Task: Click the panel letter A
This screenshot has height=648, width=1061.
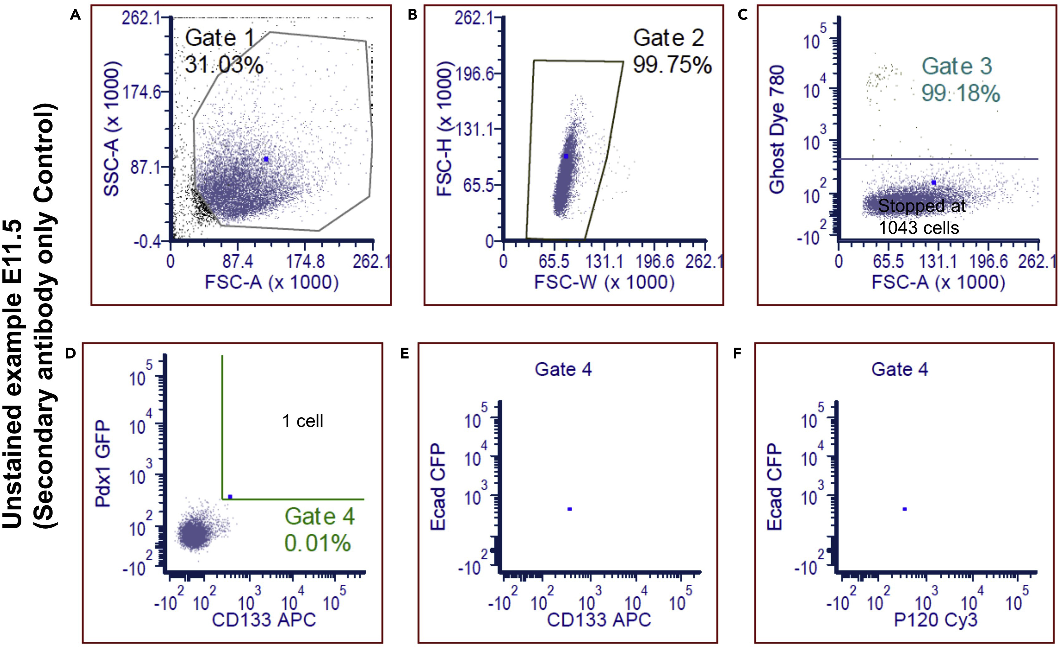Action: click(75, 15)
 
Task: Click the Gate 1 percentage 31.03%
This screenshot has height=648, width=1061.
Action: click(224, 65)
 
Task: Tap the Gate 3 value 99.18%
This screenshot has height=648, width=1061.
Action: click(960, 94)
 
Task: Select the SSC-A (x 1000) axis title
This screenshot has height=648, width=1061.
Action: click(111, 129)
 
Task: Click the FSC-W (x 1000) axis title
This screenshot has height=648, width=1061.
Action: click(604, 282)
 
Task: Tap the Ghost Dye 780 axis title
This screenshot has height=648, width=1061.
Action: click(777, 129)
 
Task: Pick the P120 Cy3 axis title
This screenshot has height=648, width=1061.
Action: click(936, 620)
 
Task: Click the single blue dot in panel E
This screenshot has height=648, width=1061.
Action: click(570, 509)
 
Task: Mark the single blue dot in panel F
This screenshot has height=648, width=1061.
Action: click(905, 509)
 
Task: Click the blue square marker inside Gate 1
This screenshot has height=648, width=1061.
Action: click(266, 159)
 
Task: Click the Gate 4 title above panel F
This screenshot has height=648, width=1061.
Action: click(900, 369)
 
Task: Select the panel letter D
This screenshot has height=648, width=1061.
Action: click(70, 353)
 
